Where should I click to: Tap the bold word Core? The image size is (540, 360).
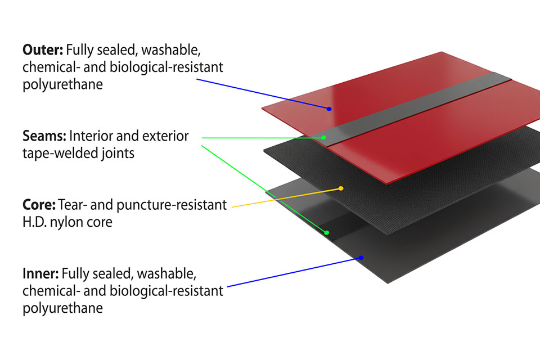click(x=38, y=205)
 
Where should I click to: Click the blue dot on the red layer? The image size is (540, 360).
click(x=329, y=109)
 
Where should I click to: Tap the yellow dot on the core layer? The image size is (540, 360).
click(x=341, y=188)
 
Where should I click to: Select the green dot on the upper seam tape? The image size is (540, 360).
click(x=324, y=137)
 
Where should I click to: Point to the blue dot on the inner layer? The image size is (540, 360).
click(x=361, y=258)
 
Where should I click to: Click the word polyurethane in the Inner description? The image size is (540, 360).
click(x=62, y=308)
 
